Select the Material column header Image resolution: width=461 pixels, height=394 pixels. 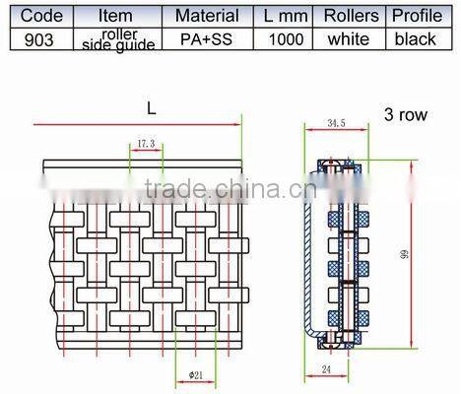[x=206, y=16]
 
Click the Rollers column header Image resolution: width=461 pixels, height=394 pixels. [x=351, y=16]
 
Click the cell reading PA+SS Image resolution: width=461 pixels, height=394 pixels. [x=206, y=39]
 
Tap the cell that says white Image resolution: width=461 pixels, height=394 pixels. [x=351, y=39]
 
